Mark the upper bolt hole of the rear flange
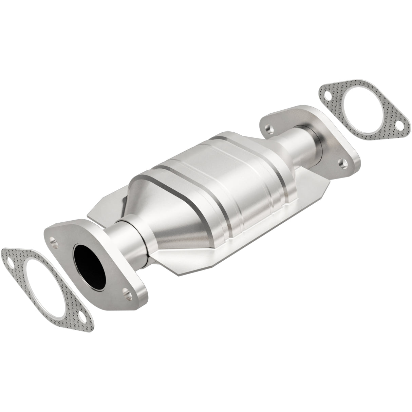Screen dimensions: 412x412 [x=269, y=129]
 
